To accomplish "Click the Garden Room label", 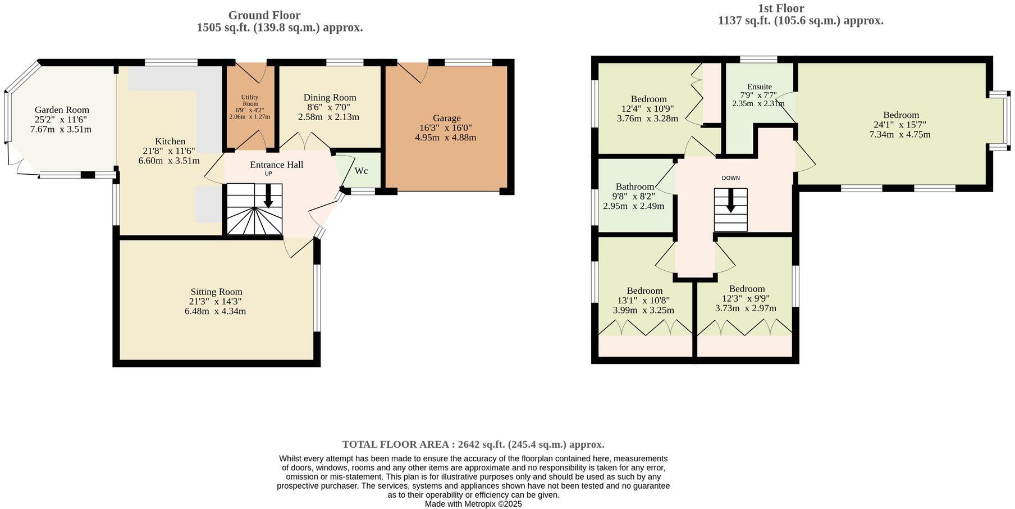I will click(62, 110).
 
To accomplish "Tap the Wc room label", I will click(361, 171).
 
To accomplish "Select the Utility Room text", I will click(250, 101).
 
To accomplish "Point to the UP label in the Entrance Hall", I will click(268, 174).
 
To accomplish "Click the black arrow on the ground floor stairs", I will click(268, 196).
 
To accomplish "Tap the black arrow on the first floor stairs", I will click(730, 201).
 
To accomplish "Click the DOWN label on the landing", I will click(730, 178).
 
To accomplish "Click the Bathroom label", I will click(634, 187).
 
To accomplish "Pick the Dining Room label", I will click(330, 98).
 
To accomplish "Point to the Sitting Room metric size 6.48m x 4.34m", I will click(216, 311).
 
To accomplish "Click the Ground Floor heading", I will click(264, 16).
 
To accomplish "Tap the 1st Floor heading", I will click(780, 8).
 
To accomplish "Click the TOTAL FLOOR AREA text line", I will click(473, 444).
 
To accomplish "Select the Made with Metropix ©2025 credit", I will click(473, 504).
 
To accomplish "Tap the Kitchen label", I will click(170, 142).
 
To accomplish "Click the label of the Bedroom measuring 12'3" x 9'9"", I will click(747, 289).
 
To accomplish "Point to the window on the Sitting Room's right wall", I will click(317, 298).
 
